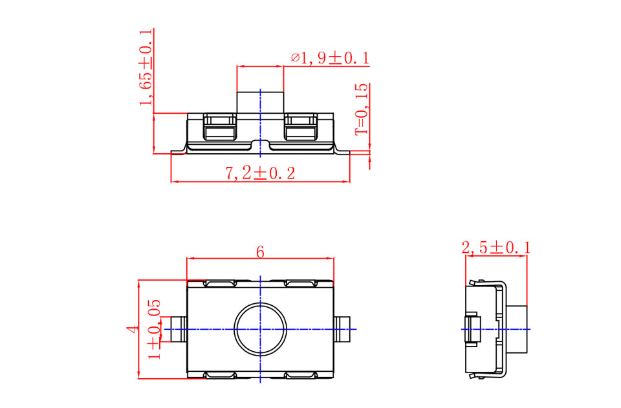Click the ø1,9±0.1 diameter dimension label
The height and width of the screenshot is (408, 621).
(x=330, y=58)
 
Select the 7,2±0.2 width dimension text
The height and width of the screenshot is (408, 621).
(x=260, y=173)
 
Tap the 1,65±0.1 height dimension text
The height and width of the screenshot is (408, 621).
(x=146, y=67)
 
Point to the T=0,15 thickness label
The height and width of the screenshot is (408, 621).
(x=362, y=109)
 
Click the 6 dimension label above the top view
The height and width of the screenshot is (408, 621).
(x=260, y=252)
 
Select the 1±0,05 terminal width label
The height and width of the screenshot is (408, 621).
(x=155, y=329)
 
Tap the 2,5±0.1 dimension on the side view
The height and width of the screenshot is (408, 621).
(x=496, y=248)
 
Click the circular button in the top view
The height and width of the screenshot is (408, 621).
(x=260, y=329)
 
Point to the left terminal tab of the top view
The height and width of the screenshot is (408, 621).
(x=179, y=329)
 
